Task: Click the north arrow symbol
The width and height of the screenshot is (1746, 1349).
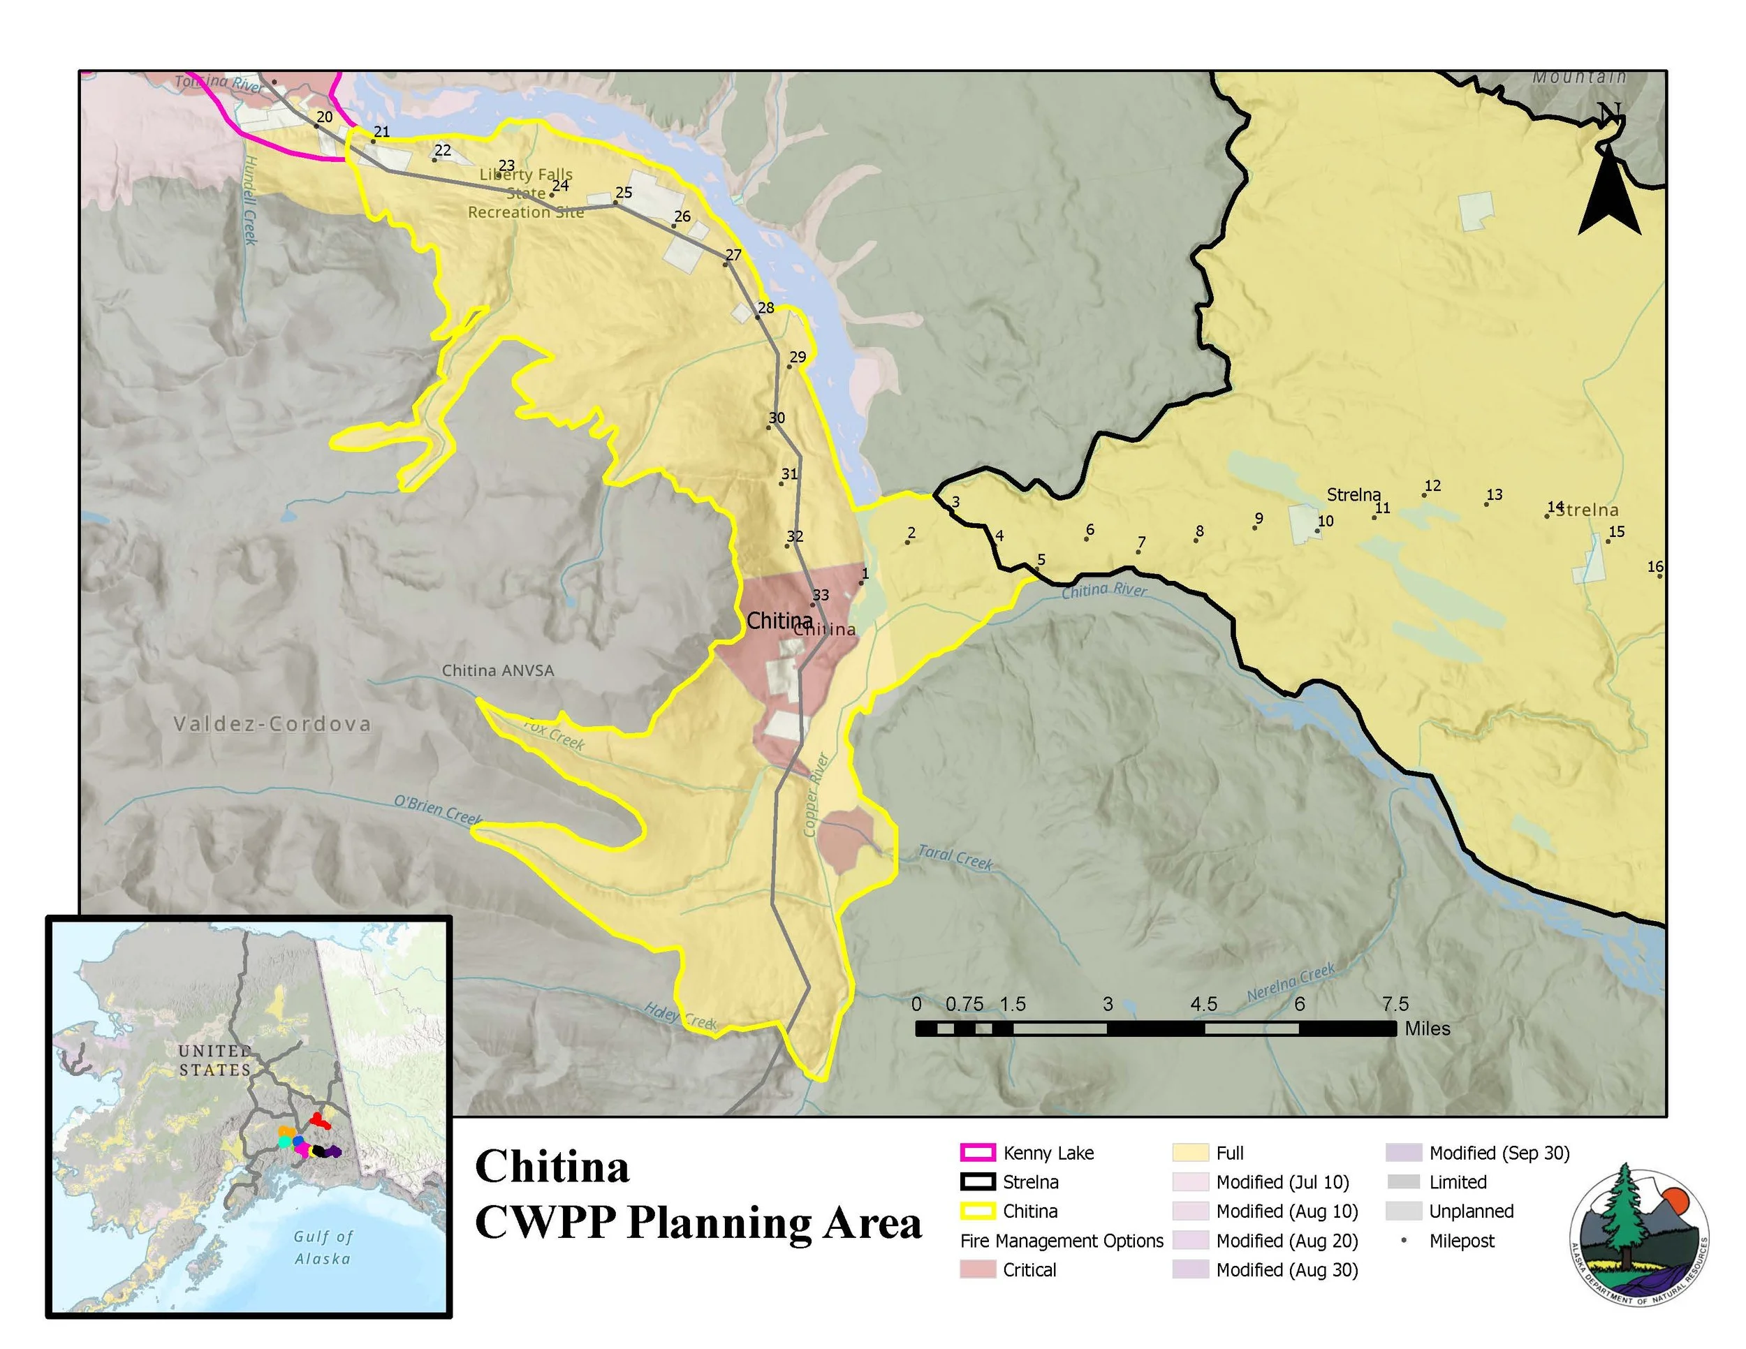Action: [1608, 180]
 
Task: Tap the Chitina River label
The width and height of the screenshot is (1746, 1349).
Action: [1103, 591]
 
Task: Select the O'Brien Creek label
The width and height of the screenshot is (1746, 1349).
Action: [437, 809]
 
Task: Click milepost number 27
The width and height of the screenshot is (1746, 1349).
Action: [733, 255]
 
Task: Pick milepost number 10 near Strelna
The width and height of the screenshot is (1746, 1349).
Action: [1326, 521]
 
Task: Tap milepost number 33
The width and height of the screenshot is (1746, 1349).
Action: [820, 596]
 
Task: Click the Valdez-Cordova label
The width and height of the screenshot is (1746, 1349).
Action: [272, 724]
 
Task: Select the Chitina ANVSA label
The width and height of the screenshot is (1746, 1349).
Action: [497, 670]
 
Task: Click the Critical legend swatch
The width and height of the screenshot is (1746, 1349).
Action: [977, 1270]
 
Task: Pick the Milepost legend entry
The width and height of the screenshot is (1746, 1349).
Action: [1460, 1241]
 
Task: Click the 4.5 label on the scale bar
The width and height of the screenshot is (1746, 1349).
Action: [1203, 1004]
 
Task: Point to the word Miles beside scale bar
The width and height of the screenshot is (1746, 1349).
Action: [1427, 1029]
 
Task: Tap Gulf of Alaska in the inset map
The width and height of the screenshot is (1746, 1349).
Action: [321, 1246]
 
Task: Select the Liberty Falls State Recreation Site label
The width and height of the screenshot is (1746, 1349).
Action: [525, 193]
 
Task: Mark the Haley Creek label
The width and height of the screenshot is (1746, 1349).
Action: [680, 1016]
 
